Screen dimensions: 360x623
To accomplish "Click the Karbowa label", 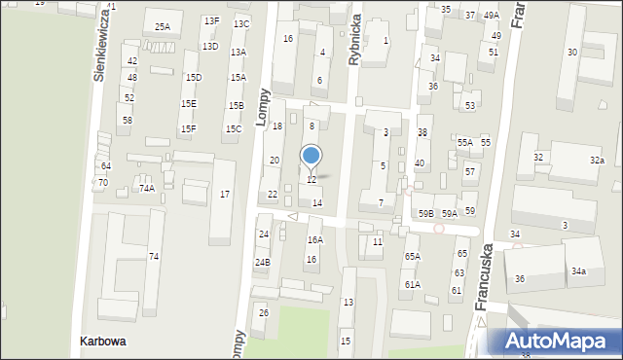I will tap(103, 342).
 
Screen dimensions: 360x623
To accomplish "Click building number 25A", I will tap(162, 27).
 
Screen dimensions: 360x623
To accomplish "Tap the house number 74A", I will tap(146, 189).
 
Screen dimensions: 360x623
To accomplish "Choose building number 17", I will tap(225, 195).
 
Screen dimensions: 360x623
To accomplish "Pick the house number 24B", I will tap(263, 263).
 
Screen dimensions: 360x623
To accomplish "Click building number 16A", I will tap(314, 239).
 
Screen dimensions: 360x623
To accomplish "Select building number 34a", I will tap(578, 271).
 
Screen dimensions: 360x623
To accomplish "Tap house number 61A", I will tap(413, 284).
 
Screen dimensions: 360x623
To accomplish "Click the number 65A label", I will tap(413, 256).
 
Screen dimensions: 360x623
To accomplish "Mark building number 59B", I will tap(426, 213).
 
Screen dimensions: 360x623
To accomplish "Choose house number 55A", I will tap(464, 143).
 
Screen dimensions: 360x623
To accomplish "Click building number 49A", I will tap(492, 16).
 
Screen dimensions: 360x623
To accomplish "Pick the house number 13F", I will tap(211, 20).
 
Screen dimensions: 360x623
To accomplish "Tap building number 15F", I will tap(188, 128).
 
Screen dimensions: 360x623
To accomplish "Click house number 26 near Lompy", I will tap(263, 312).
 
